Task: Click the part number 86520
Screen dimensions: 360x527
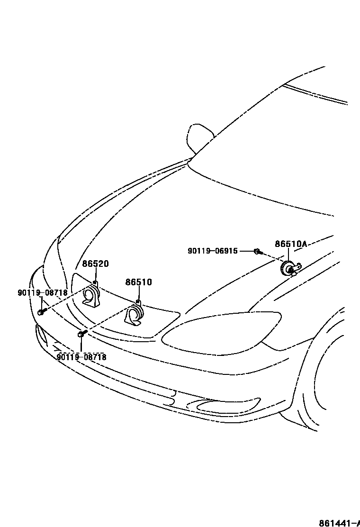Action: (96, 264)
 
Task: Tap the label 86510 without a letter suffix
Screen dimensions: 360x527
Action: (138, 282)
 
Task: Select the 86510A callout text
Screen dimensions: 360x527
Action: (291, 244)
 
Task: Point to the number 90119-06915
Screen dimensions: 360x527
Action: (213, 251)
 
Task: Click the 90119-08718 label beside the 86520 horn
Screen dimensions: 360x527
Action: (43, 293)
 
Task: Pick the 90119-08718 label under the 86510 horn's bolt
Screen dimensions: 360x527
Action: (81, 357)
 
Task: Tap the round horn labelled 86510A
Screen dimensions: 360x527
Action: (288, 269)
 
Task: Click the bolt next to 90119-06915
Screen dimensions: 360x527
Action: (258, 251)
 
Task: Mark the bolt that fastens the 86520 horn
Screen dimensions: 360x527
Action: (41, 312)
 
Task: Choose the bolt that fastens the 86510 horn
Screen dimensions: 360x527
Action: (81, 334)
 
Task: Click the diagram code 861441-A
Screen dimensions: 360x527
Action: (339, 523)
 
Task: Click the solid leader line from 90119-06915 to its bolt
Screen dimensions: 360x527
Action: (246, 251)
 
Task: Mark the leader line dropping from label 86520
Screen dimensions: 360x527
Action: (96, 275)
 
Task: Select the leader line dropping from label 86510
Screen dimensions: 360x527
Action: (138, 294)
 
